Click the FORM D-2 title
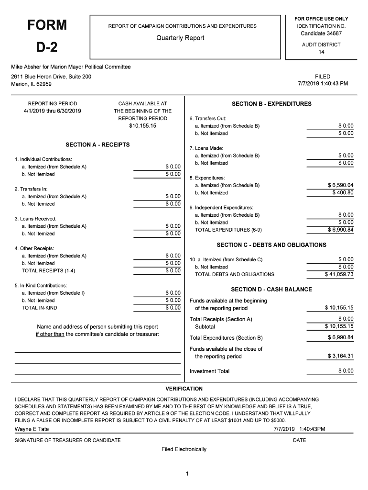point(46,36)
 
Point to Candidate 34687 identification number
point(321,33)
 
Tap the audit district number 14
point(321,52)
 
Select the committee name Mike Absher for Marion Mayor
point(71,67)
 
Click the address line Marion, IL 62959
point(32,84)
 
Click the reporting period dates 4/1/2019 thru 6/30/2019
point(53,111)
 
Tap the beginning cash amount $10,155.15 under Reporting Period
point(142,126)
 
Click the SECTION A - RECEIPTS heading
point(97,145)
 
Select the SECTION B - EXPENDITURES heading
point(271,104)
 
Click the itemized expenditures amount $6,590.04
point(340,185)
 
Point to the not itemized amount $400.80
point(343,193)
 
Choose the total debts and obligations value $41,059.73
point(339,275)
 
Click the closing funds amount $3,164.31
point(340,356)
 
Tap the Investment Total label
point(209,371)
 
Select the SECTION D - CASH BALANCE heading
point(271,290)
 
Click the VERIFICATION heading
point(184,389)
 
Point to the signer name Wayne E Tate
point(32,429)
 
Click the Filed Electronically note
point(184,449)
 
